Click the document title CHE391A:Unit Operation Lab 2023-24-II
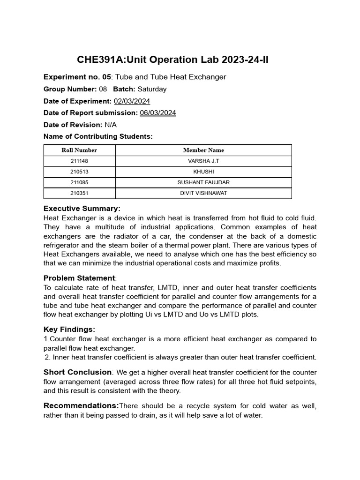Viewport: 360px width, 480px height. tap(172, 60)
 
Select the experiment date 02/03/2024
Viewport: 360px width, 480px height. tap(132, 101)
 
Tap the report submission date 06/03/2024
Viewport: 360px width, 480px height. tap(158, 112)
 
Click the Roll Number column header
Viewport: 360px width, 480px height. tap(79, 150)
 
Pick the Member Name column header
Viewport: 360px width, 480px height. tap(203, 150)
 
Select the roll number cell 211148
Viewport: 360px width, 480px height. tap(79, 161)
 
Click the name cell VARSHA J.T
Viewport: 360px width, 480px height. tap(203, 161)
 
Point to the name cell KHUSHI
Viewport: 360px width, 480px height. tap(203, 172)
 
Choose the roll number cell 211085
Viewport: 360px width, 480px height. tap(79, 182)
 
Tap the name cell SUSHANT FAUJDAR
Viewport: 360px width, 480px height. tap(203, 182)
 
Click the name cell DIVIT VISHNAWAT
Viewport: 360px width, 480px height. tap(203, 193)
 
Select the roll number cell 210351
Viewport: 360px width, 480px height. tap(79, 193)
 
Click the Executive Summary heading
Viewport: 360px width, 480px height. tap(82, 209)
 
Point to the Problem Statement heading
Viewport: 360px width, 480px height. tap(79, 278)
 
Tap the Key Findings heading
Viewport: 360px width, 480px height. tap(69, 330)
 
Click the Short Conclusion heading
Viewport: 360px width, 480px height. tap(77, 372)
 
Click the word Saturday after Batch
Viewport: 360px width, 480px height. tap(152, 89)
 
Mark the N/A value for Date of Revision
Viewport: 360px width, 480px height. tap(111, 125)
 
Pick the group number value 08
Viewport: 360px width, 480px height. tap(103, 89)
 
